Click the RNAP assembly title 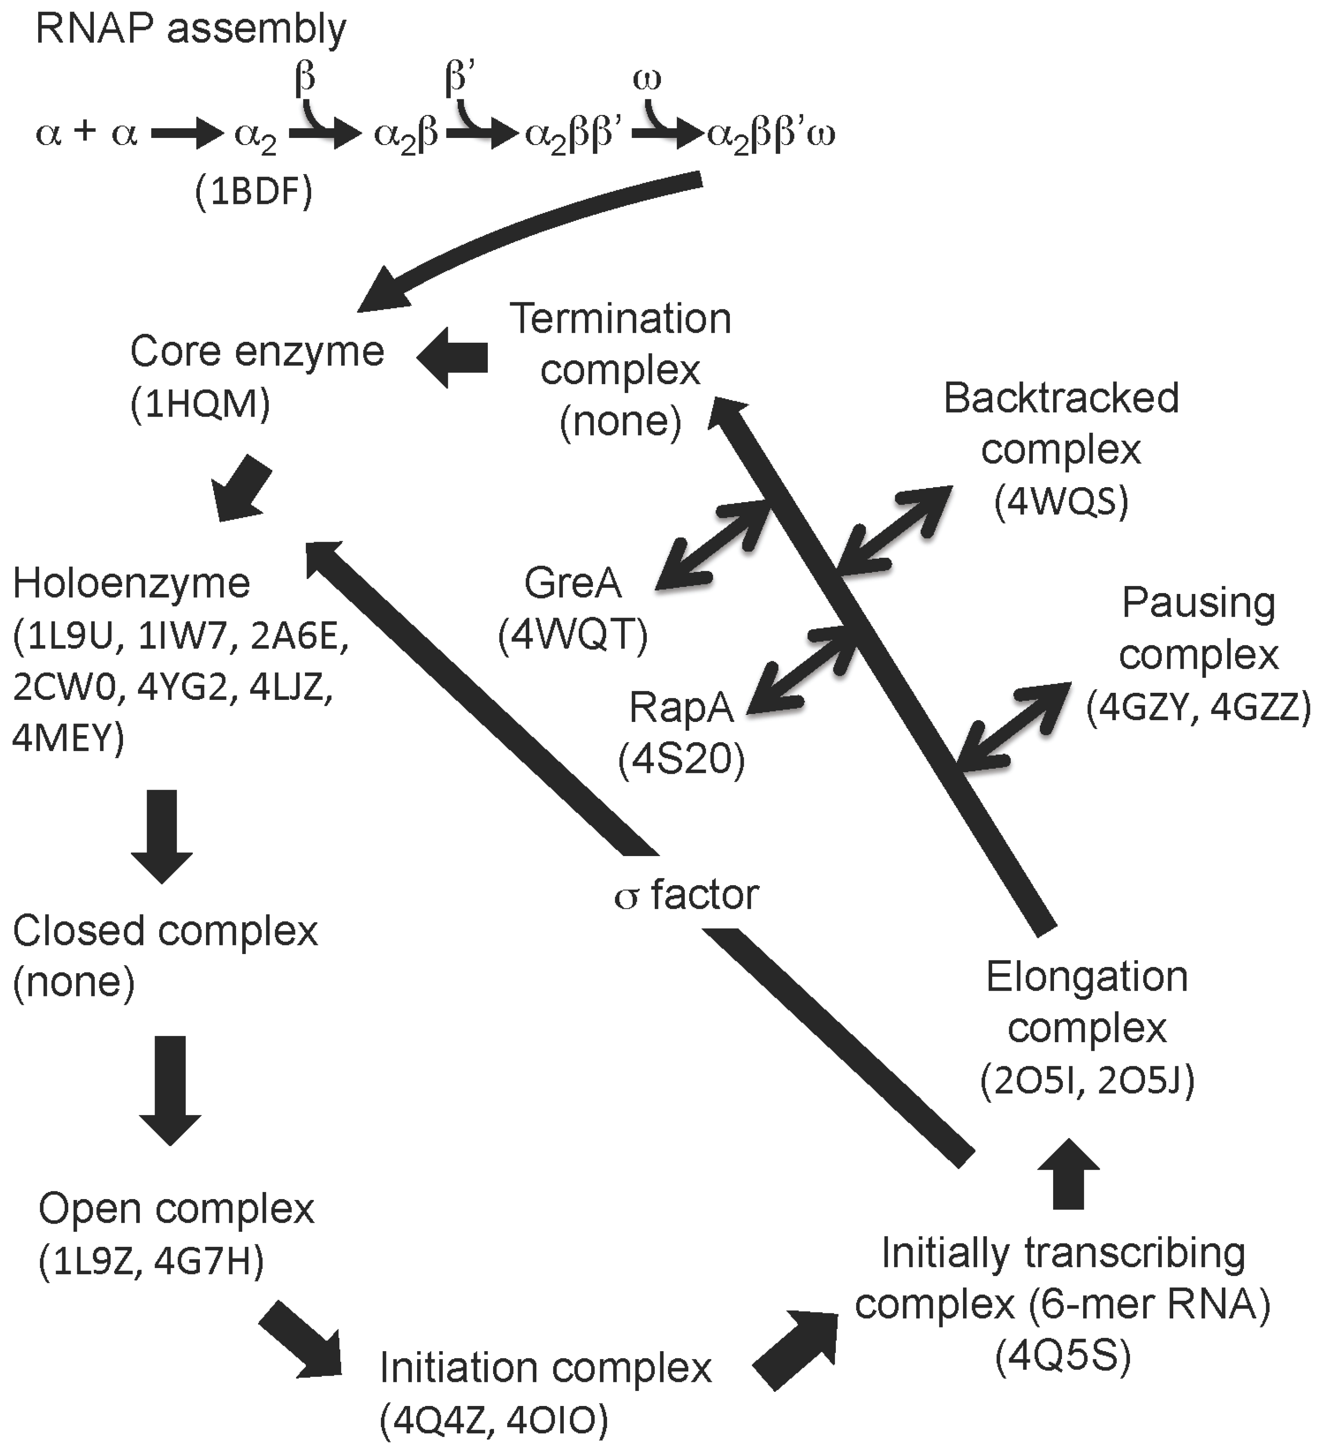pos(191,30)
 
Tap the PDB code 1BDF pos(254,193)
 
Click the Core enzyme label pos(257,352)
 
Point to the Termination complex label pos(620,344)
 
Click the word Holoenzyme pos(132,583)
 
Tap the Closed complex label pos(165,931)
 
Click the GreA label pos(572,583)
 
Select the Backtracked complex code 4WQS pos(1061,502)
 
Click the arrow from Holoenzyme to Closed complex pos(162,835)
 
